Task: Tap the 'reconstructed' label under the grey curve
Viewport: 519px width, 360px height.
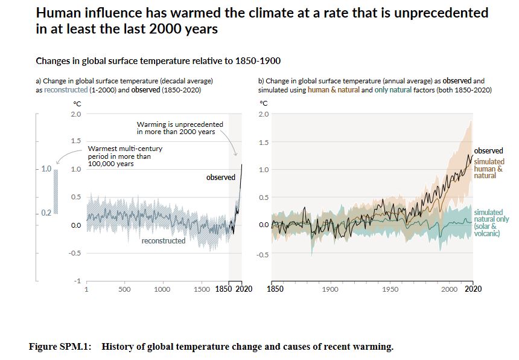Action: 163,241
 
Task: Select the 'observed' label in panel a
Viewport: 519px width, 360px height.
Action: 220,178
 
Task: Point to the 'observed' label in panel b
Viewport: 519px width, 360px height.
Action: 488,150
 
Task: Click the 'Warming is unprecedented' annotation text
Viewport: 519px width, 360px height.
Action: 179,128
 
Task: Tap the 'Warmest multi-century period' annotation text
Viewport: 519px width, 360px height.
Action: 124,156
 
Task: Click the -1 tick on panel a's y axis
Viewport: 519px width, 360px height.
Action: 78,281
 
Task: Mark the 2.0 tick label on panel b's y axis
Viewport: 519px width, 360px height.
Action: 264,115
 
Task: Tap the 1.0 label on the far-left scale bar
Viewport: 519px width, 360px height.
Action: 46,169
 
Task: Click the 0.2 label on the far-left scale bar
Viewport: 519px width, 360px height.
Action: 46,213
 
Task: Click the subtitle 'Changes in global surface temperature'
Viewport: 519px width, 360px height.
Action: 158,61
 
